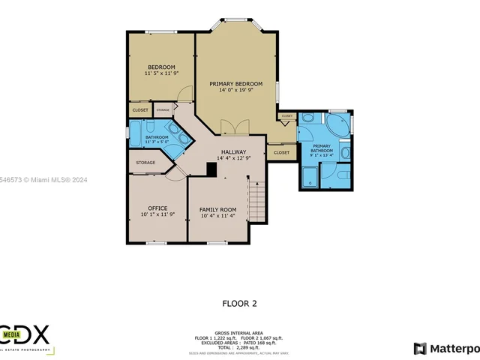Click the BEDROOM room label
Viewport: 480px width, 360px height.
click(x=161, y=67)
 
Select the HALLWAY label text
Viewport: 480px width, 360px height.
click(x=233, y=152)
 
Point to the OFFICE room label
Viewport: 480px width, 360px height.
click(x=157, y=208)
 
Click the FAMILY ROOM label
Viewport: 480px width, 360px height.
click(x=217, y=209)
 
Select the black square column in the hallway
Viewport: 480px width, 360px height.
click(x=211, y=170)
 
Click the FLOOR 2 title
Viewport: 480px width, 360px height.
click(x=239, y=304)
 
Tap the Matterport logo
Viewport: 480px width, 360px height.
click(x=446, y=348)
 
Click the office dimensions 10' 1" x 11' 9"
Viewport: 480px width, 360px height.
click(x=157, y=215)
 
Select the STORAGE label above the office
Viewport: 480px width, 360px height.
click(x=145, y=163)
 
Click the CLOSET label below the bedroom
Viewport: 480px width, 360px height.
click(x=140, y=110)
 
